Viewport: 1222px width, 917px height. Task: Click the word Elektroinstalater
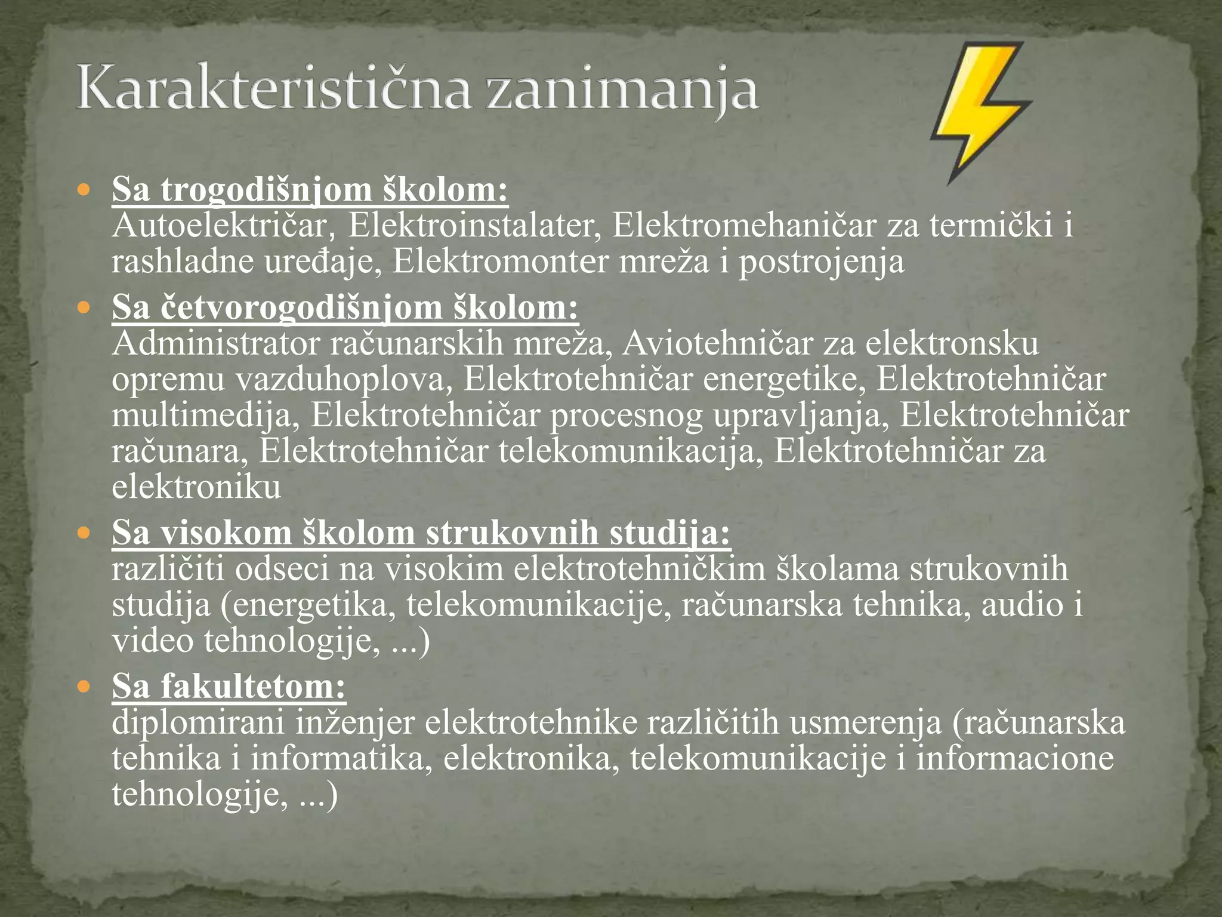(474, 226)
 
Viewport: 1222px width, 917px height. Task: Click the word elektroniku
(196, 487)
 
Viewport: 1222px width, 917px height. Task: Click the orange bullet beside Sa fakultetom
(84, 686)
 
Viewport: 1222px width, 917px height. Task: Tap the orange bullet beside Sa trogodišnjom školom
(84, 191)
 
